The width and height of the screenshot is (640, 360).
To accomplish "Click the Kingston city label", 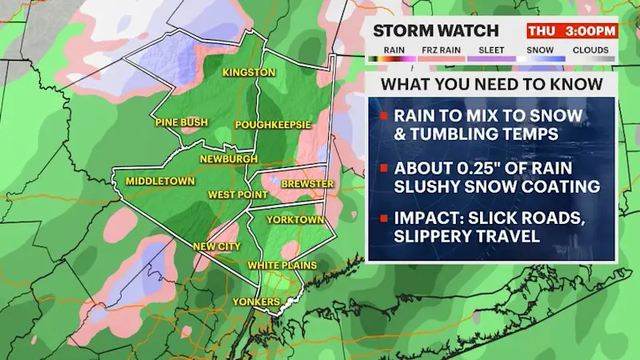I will click(249, 73).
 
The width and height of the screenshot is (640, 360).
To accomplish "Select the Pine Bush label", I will click(182, 122).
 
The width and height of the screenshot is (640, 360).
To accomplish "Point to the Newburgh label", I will click(229, 158).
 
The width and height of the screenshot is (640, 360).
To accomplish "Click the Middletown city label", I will click(160, 182).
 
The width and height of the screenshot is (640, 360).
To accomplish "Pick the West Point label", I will click(234, 194).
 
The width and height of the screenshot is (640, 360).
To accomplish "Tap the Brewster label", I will click(307, 184).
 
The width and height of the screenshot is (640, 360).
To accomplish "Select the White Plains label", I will click(282, 265).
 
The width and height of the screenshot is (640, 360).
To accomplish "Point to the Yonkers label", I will click(256, 302).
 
